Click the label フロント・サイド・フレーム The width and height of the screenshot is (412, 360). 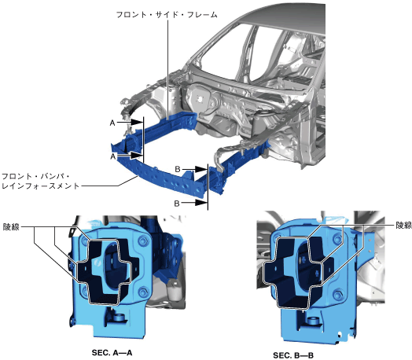(x=167, y=14)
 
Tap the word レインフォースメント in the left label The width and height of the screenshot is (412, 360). (x=40, y=186)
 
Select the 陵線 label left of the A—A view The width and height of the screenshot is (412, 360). (x=11, y=226)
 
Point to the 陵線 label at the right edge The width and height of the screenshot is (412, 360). (x=403, y=225)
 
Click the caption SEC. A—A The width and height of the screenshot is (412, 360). (x=112, y=352)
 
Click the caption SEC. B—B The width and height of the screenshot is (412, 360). (x=293, y=355)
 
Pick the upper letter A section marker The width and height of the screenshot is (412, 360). (x=112, y=123)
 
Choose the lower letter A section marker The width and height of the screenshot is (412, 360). (x=113, y=156)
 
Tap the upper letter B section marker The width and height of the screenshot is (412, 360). (x=178, y=169)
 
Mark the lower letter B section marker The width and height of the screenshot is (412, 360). (x=177, y=203)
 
